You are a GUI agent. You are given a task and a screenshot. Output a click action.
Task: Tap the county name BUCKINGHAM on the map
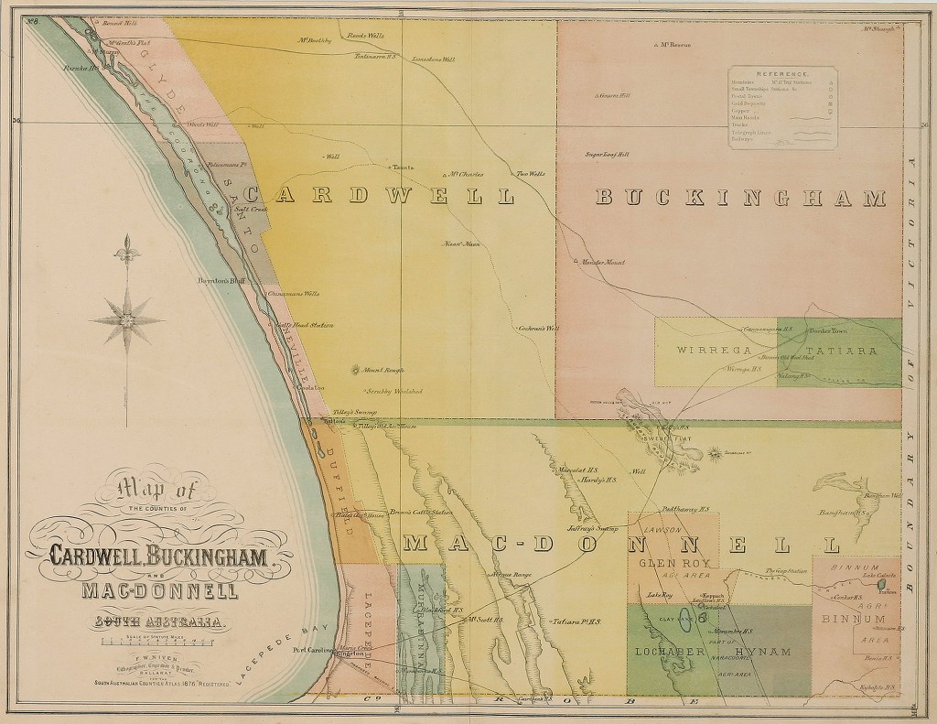pos(741,198)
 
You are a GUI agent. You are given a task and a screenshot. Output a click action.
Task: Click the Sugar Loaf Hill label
pos(608,155)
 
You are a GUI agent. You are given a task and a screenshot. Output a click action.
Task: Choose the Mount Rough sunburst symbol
pos(356,371)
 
